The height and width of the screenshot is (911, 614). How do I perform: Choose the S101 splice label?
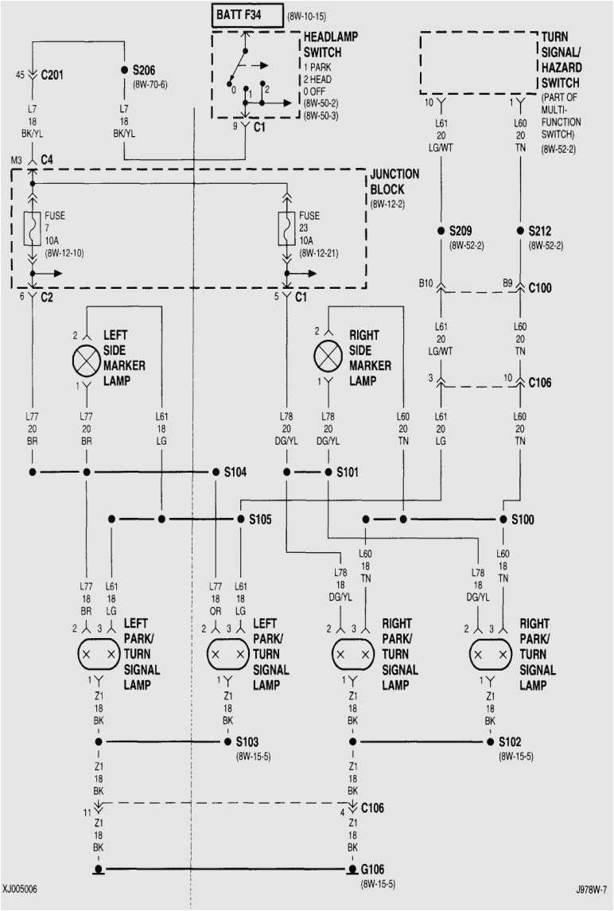[348, 472]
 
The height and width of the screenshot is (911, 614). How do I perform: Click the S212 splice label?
[544, 231]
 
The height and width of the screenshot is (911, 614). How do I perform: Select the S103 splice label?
[247, 742]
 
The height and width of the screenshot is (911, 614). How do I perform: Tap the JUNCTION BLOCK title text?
[394, 182]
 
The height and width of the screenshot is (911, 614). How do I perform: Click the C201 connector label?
[53, 76]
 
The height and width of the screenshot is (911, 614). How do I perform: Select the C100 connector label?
[540, 287]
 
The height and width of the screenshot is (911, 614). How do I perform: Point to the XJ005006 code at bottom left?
[24, 889]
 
